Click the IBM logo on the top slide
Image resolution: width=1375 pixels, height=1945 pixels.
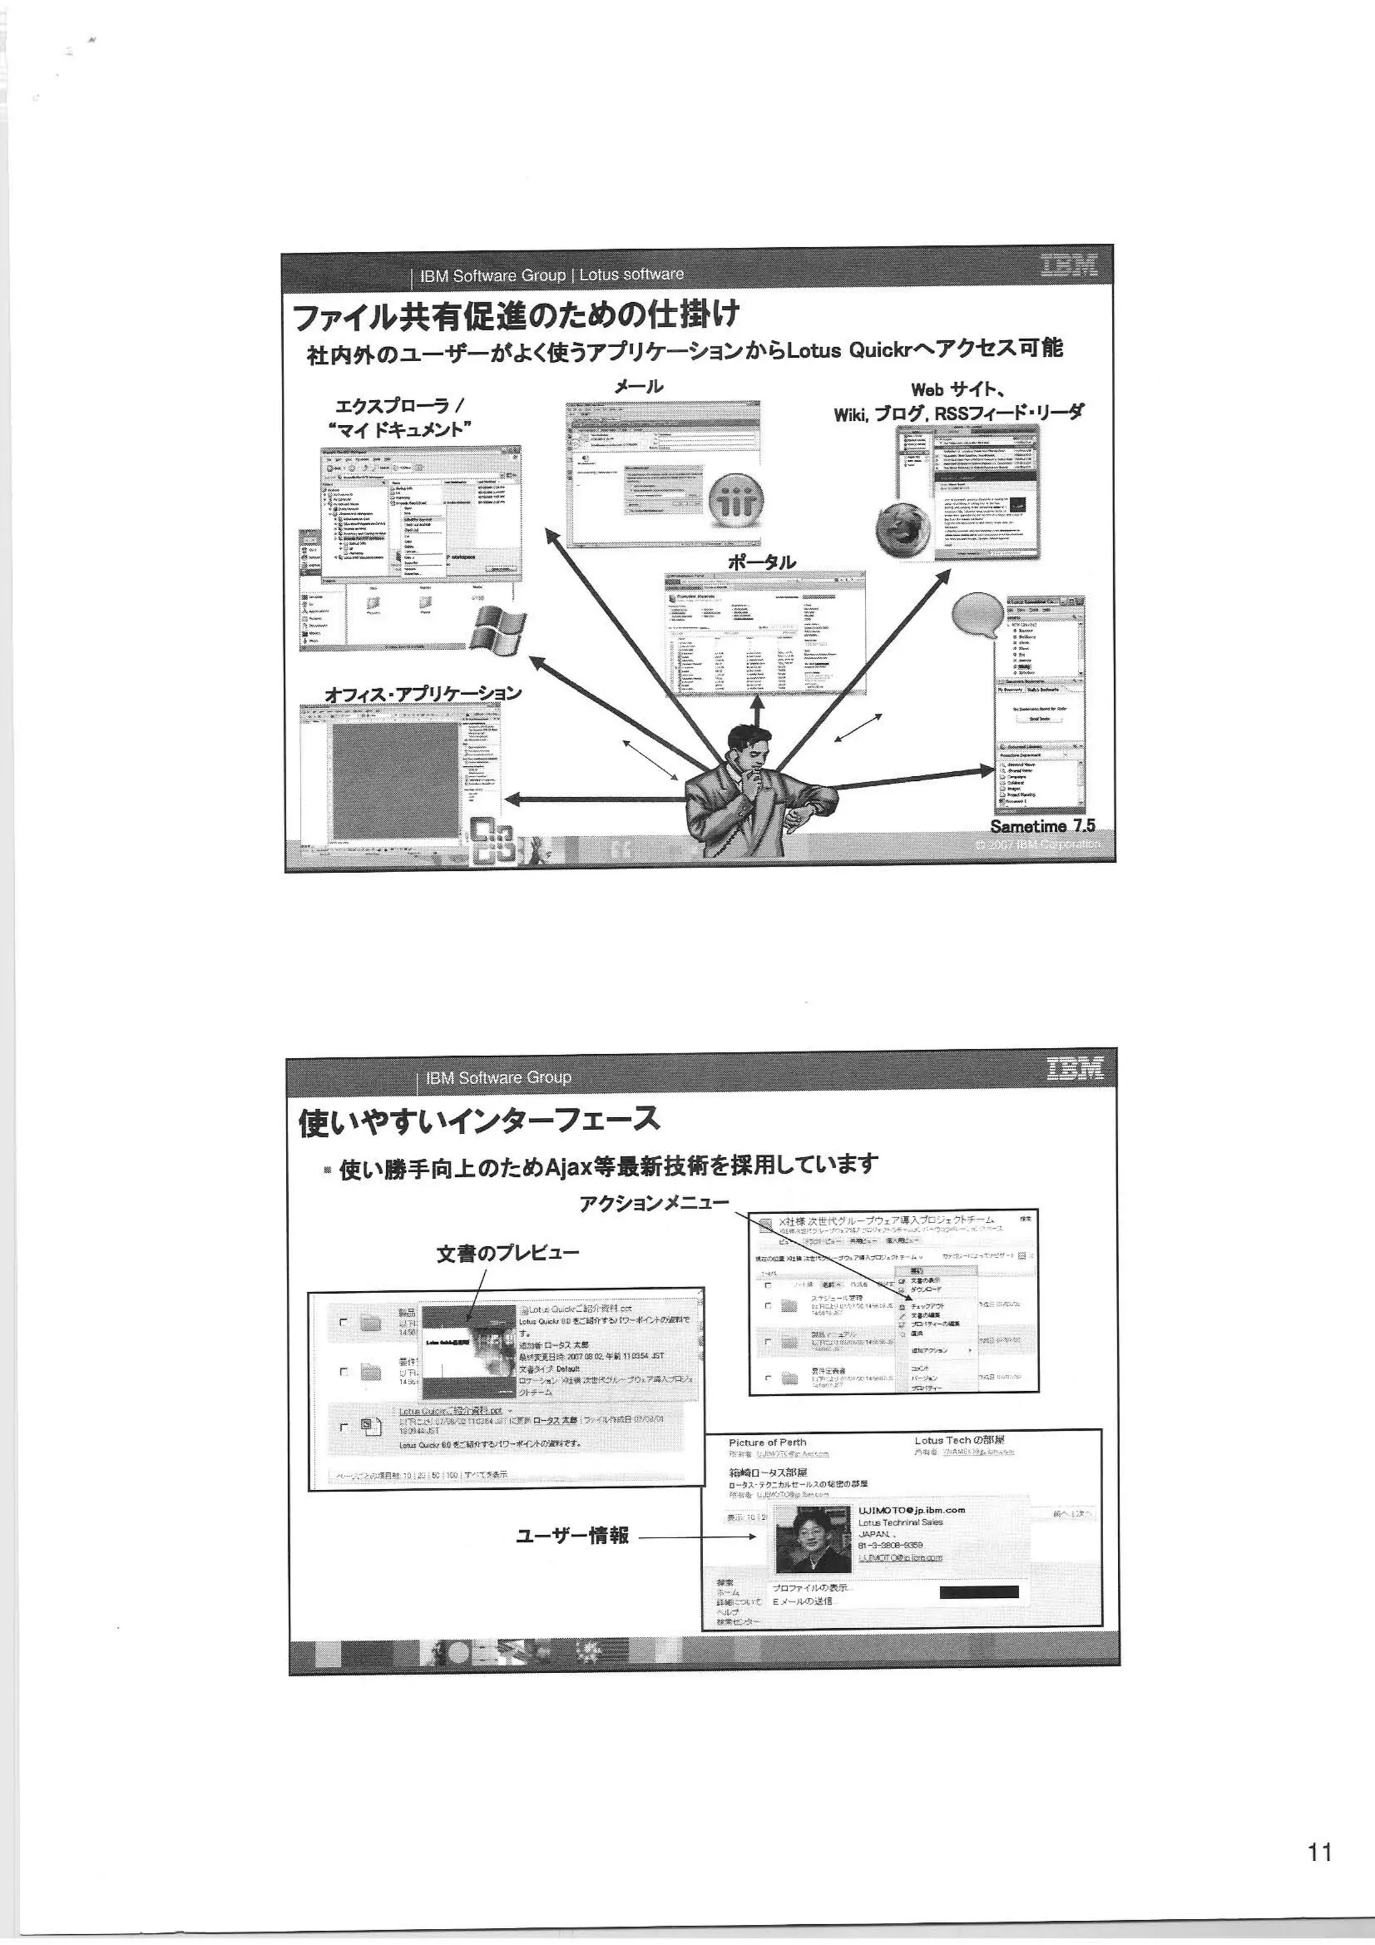(1068, 266)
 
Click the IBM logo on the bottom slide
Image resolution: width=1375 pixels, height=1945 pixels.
(1075, 1069)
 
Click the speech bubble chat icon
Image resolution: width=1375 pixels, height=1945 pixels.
(978, 614)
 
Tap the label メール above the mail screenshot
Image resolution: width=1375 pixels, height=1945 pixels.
(638, 386)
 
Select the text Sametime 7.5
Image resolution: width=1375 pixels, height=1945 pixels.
(1042, 825)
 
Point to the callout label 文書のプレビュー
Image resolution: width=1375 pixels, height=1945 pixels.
(508, 1253)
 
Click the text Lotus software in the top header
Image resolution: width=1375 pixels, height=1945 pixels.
(631, 275)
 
